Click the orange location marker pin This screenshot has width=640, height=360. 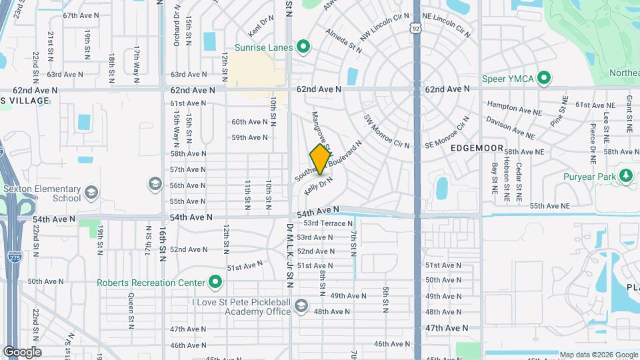click(321, 159)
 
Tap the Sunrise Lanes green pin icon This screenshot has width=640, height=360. click(304, 47)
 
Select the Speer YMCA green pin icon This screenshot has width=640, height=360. click(544, 79)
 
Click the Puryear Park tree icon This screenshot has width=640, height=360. click(625, 176)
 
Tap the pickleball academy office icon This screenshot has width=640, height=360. click(301, 306)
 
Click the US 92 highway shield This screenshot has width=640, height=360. click(416, 29)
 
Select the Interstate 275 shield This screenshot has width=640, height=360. click(14, 256)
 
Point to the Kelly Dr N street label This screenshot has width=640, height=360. click(318, 185)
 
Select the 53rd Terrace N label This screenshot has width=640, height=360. click(325, 223)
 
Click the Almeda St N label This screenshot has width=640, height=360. click(344, 41)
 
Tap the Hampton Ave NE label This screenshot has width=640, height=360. click(511, 105)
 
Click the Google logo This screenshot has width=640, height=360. click(22, 351)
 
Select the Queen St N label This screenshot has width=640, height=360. click(131, 313)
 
